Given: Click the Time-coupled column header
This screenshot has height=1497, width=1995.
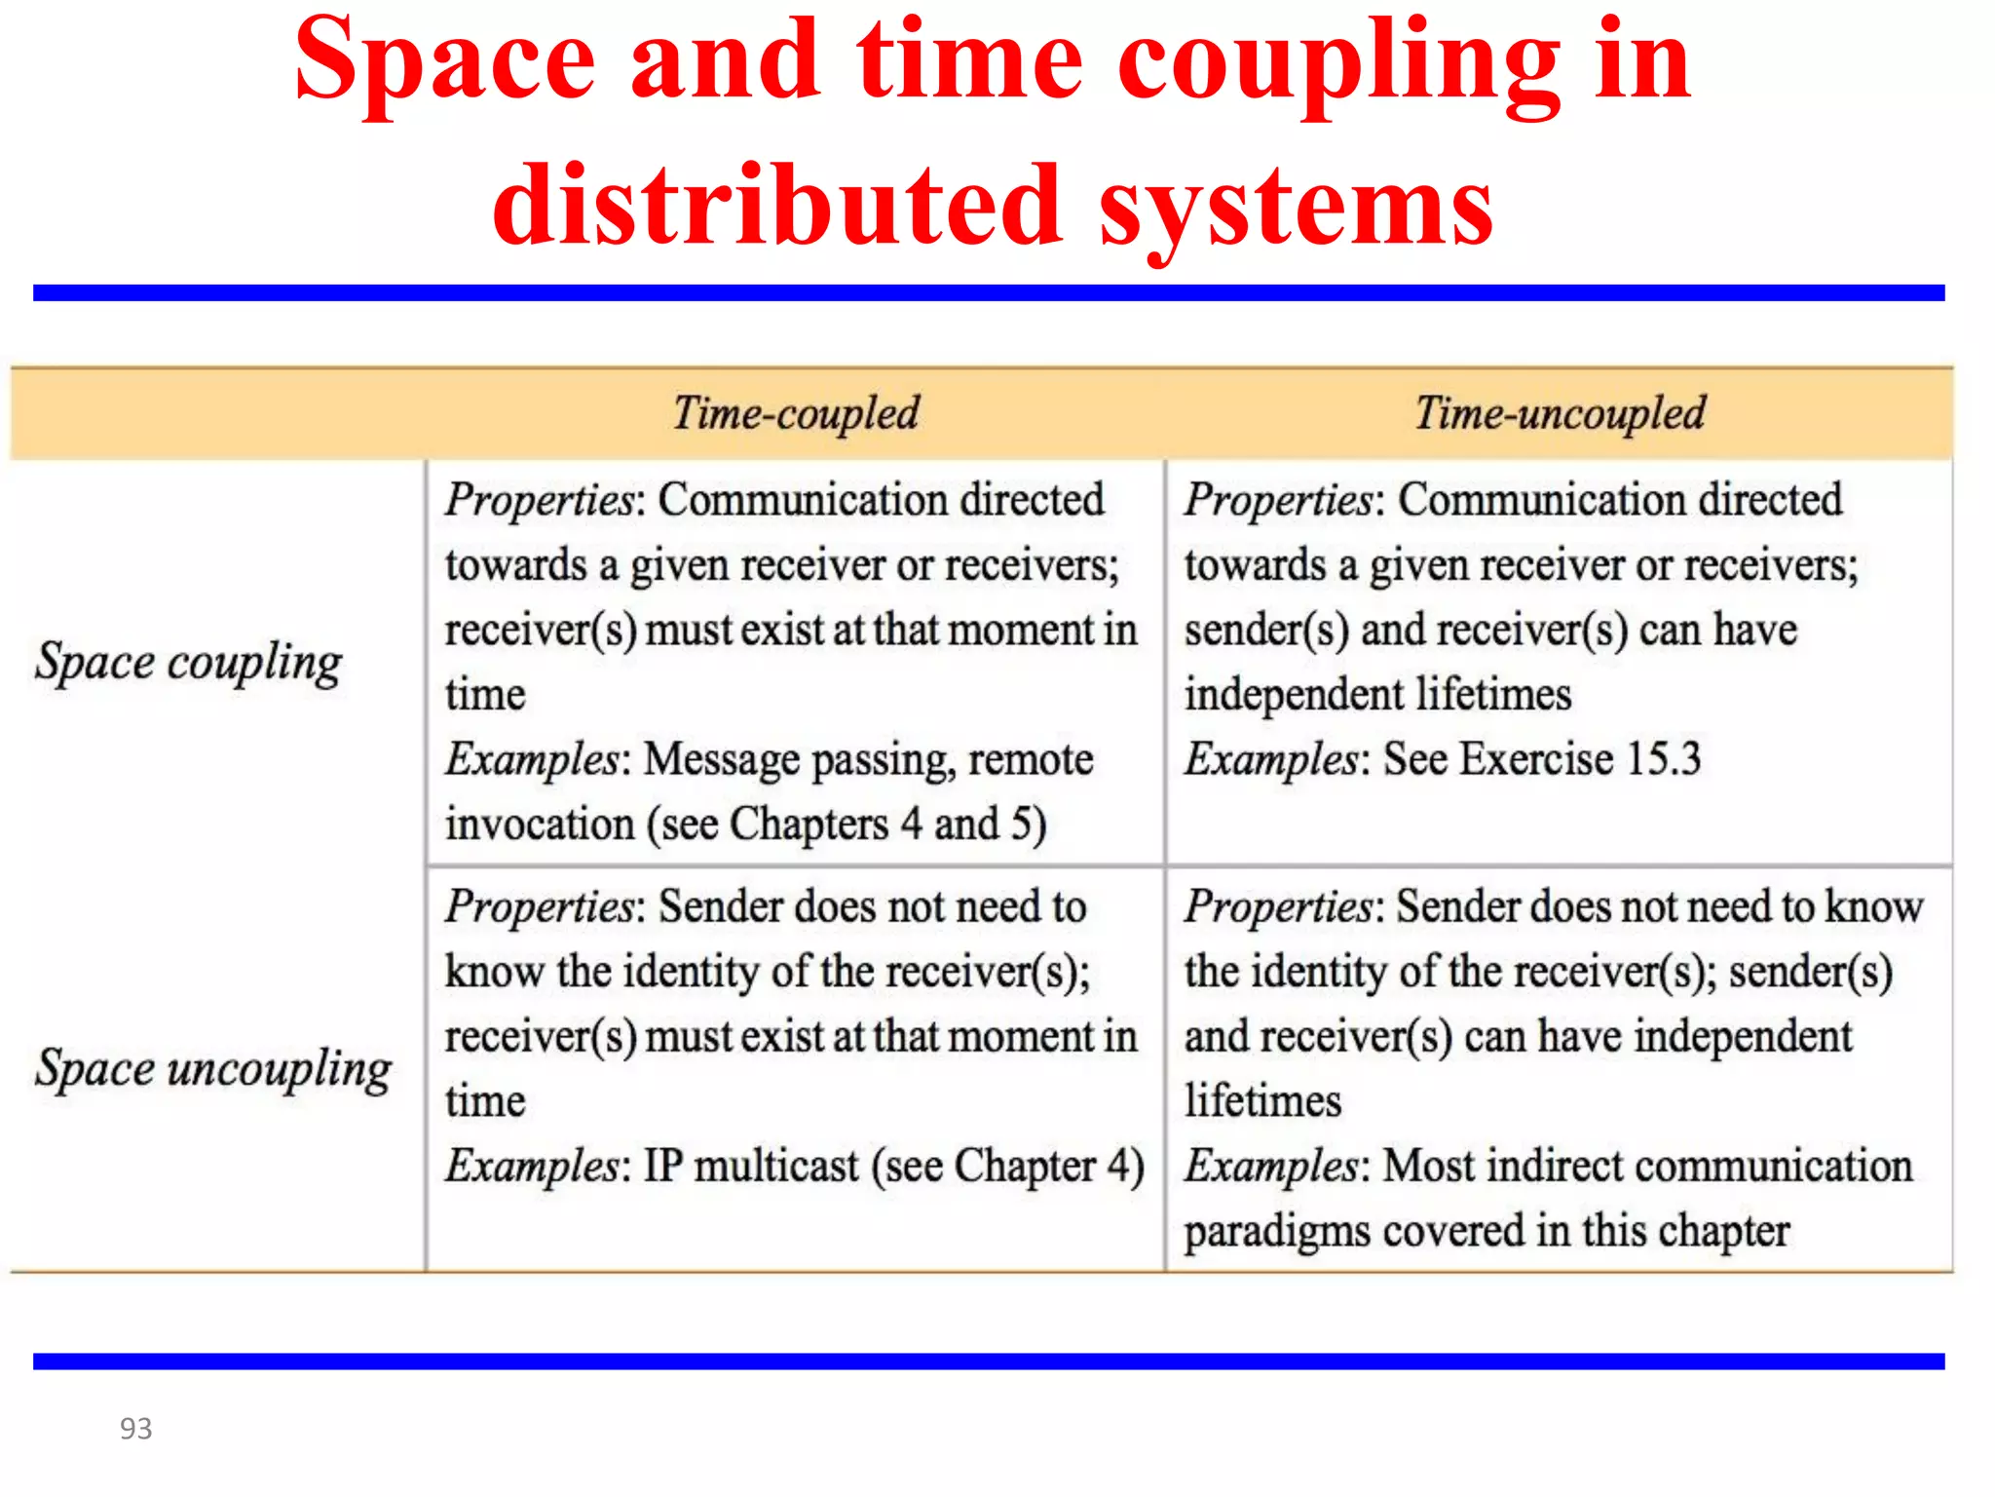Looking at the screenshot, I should tap(796, 413).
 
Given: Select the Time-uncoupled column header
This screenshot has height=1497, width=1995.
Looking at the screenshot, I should tap(1560, 413).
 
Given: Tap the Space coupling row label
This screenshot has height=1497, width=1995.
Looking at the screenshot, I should tap(188, 663).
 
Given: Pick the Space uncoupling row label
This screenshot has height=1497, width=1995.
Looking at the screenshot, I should tap(213, 1069).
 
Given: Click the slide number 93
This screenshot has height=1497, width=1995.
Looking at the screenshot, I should tap(135, 1428).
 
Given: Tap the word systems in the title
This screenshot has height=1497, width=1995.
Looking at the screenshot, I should tap(1296, 207).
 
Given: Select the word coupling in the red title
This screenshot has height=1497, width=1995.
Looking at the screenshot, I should tap(1338, 62).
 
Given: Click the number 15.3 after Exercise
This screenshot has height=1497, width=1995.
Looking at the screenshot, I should tap(1663, 758).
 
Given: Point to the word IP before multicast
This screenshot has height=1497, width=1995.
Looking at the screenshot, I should tap(663, 1166).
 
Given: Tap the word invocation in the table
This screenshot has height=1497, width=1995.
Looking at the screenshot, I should tap(540, 825).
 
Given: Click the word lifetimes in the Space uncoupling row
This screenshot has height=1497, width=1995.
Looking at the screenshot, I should tap(1262, 1101).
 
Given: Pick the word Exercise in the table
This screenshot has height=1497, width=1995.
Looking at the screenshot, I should tap(1536, 758).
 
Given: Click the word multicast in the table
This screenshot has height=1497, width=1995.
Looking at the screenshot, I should tap(776, 1166).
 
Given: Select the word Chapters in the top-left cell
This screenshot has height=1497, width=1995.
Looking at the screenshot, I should tap(809, 825).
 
